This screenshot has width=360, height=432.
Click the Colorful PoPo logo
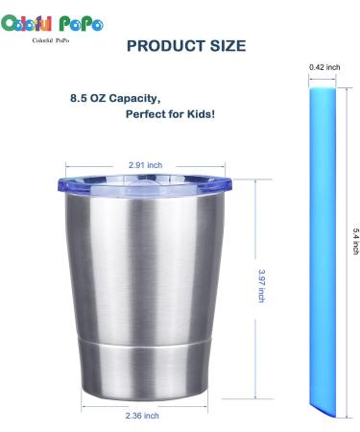coord(52,23)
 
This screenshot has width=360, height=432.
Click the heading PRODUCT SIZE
coord(186,46)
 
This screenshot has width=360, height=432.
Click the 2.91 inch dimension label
coord(145,165)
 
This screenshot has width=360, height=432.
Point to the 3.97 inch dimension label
coord(261,286)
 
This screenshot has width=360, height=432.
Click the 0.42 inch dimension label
coord(325,67)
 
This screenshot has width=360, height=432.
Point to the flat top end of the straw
coord(324,84)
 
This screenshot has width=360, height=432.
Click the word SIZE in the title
coord(225,46)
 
